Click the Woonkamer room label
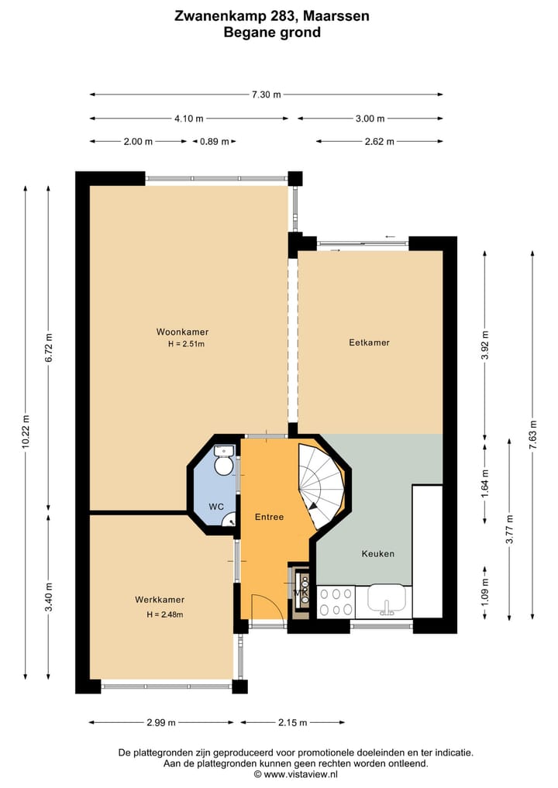[x=182, y=332]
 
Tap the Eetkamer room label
[x=369, y=342]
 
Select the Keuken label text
[x=378, y=553]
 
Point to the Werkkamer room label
[x=160, y=600]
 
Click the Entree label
[x=269, y=517]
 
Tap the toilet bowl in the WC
[x=222, y=466]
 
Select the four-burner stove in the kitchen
[x=336, y=602]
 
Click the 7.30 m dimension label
[x=267, y=94]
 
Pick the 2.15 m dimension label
[x=293, y=722]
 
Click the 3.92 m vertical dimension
[x=484, y=346]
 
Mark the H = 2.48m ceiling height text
[x=165, y=614]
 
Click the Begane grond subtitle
[x=272, y=33]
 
